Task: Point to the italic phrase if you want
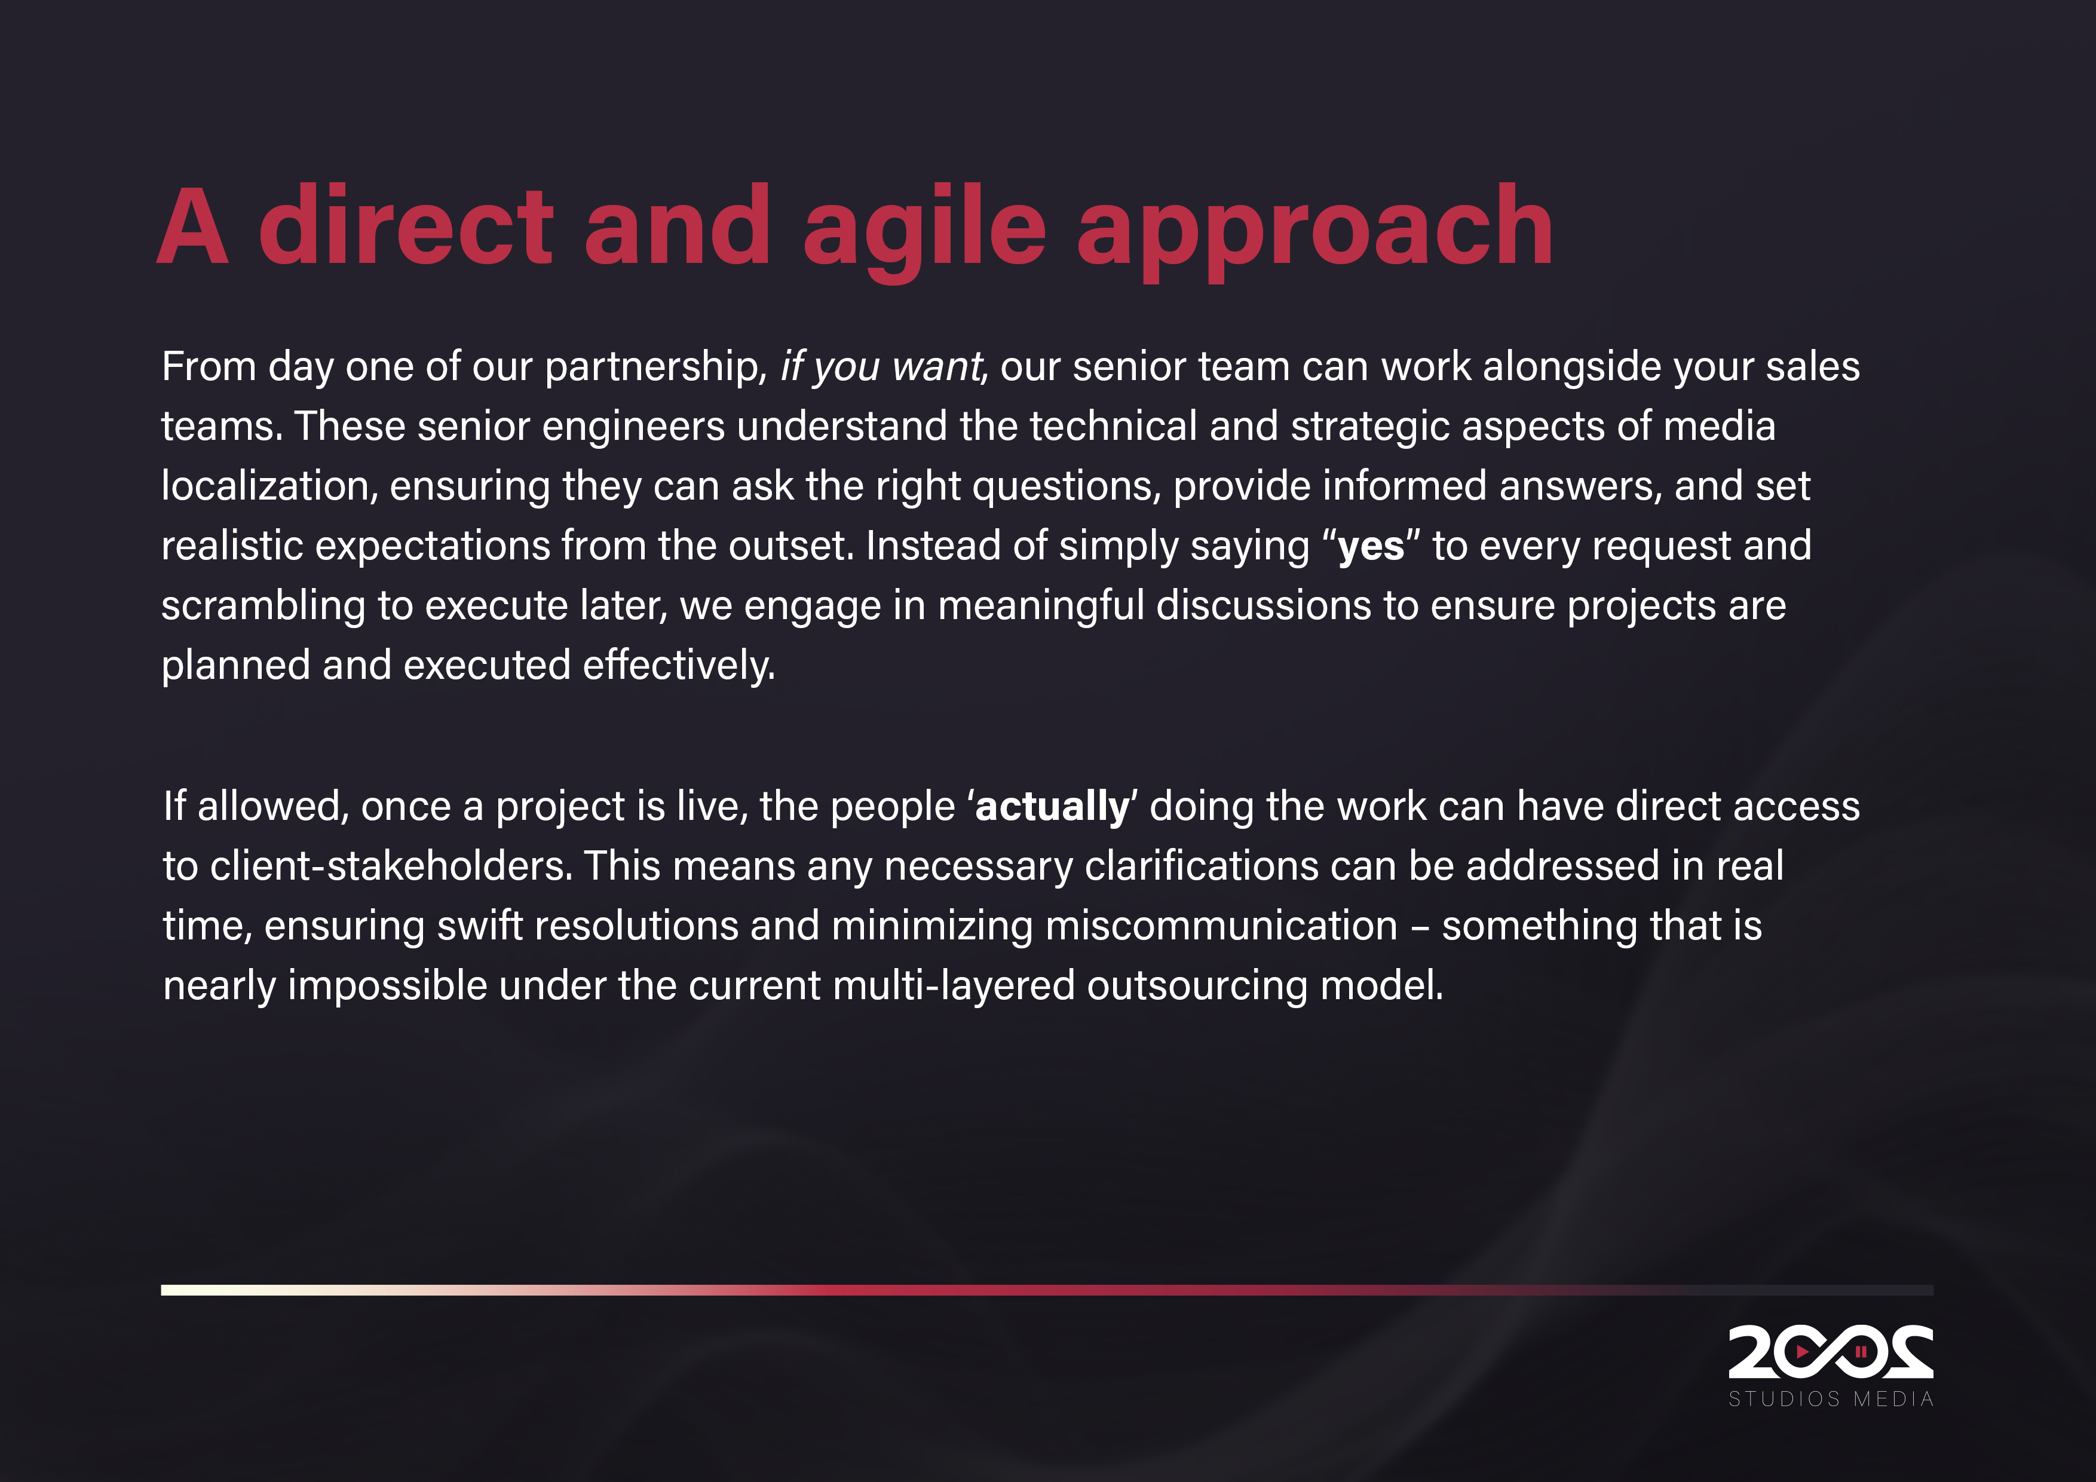pyautogui.click(x=880, y=367)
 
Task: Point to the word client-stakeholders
pyautogui.click(x=391, y=866)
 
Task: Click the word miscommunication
pyautogui.click(x=1221, y=926)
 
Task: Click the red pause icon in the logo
pyautogui.click(x=1861, y=1351)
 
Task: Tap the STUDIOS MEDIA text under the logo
pyautogui.click(x=1830, y=1399)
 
